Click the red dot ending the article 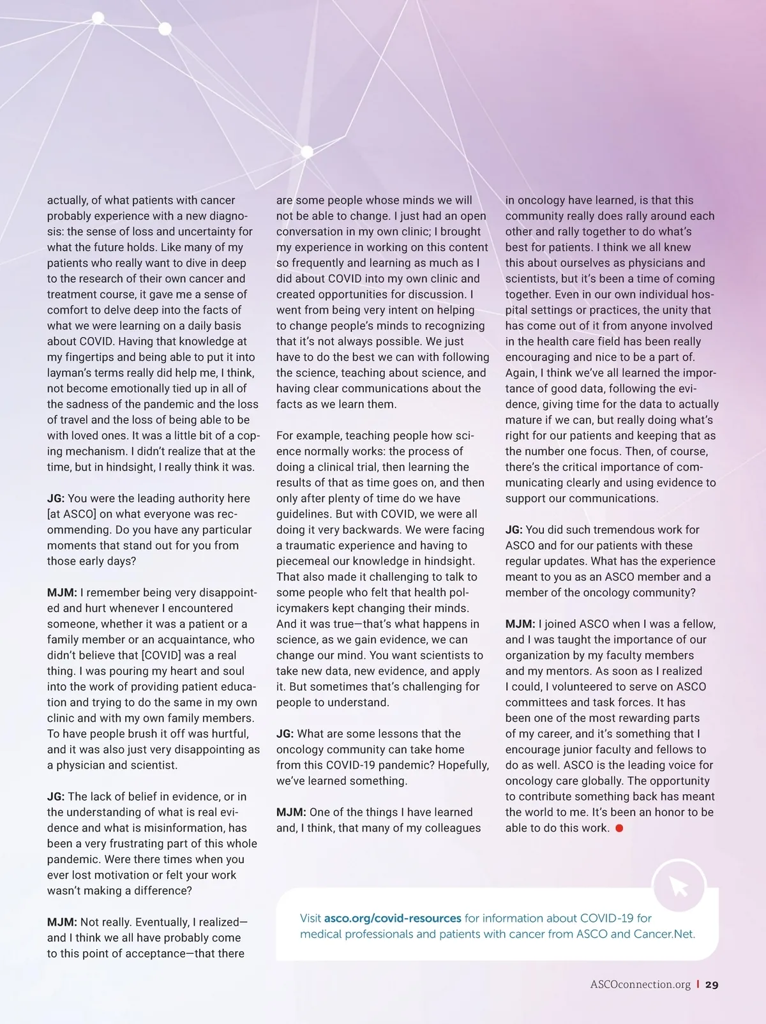point(619,828)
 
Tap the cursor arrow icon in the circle point(679,887)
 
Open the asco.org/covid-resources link point(393,918)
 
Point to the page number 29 point(712,984)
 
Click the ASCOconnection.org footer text point(640,984)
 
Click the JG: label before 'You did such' point(514,530)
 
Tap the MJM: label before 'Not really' point(62,922)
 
